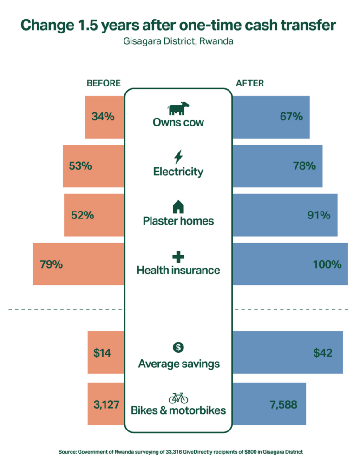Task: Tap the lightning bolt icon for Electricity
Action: point(178,156)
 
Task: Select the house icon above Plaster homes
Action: point(178,206)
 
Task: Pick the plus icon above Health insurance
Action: point(178,257)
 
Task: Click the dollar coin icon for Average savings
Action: point(178,347)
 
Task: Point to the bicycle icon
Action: point(178,398)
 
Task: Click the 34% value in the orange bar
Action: point(103,117)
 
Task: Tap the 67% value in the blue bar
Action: point(291,117)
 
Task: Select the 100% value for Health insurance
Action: point(327,264)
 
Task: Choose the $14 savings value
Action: point(102,353)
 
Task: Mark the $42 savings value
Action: point(323,353)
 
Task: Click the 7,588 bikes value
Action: point(283,404)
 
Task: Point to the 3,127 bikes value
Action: point(106,404)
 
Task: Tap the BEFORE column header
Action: point(104,83)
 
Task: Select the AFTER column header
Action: point(250,83)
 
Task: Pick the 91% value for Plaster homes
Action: point(319,215)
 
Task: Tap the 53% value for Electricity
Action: point(80,165)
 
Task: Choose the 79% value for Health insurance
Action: point(51,264)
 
